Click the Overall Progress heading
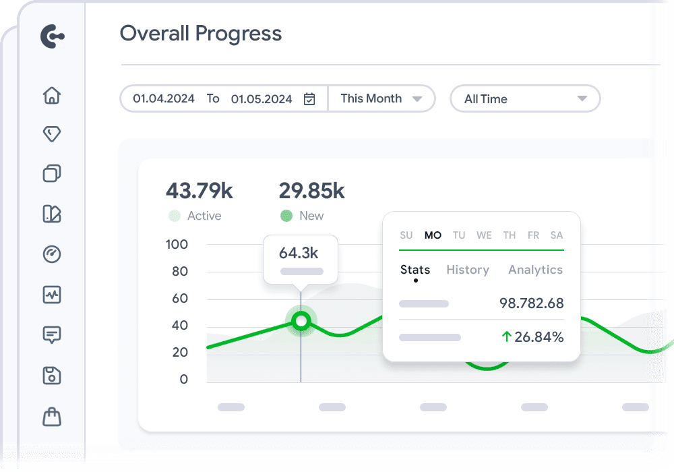tap(201, 34)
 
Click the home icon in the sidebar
tap(52, 95)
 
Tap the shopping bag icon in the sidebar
tap(52, 417)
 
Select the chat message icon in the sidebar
tap(52, 334)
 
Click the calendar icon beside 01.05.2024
tap(309, 99)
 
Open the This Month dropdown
tap(381, 98)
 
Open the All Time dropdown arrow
tap(582, 99)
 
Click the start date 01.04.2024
tap(164, 98)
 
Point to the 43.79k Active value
tap(200, 191)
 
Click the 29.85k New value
tap(311, 191)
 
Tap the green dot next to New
tap(286, 216)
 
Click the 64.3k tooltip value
tap(299, 253)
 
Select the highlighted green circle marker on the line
tap(301, 321)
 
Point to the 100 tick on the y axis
tap(177, 244)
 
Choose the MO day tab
tap(433, 235)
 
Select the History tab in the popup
tap(468, 270)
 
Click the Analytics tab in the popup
tap(535, 270)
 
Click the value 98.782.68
tap(531, 303)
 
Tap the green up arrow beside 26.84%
tap(506, 337)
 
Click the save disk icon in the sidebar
tap(52, 376)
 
